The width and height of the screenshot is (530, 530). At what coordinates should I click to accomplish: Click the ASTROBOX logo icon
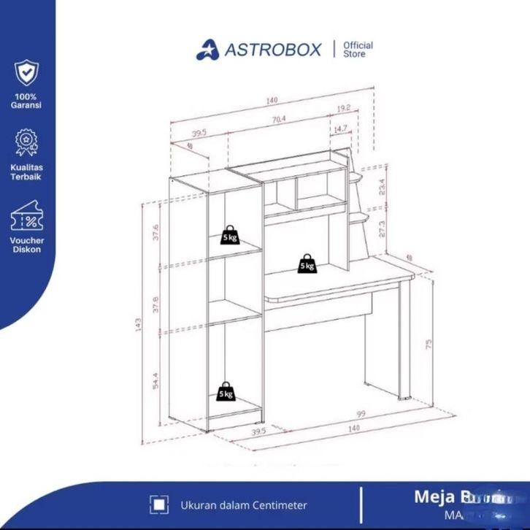tap(207, 50)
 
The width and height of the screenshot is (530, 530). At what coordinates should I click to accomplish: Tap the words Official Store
tap(358, 49)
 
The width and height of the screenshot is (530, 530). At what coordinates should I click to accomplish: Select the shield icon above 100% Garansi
tap(26, 73)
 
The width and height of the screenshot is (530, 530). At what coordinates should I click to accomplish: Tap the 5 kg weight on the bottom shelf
tap(228, 391)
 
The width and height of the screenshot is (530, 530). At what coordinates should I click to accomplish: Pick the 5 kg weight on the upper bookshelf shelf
tap(230, 234)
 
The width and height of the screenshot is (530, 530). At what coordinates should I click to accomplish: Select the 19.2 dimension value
tap(344, 108)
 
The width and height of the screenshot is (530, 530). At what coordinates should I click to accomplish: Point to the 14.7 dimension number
tap(339, 129)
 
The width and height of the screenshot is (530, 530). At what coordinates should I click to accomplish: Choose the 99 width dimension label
tap(361, 414)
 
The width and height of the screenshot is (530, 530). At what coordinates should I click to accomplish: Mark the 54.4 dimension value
tap(155, 381)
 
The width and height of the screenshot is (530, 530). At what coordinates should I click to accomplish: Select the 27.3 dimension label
tap(381, 230)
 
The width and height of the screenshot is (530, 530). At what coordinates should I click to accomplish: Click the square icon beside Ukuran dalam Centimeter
tap(157, 504)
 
